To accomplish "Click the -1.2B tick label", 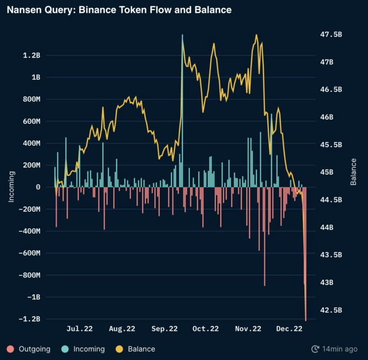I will click(31, 319).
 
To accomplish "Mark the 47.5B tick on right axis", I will click(331, 34).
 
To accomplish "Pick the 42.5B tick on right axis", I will click(331, 310).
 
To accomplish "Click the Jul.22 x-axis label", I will click(80, 329).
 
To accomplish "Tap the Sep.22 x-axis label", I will click(164, 329).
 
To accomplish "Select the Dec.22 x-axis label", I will click(289, 329).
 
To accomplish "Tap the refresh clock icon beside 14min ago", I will click(316, 349).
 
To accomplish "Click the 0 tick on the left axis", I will click(38, 187).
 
